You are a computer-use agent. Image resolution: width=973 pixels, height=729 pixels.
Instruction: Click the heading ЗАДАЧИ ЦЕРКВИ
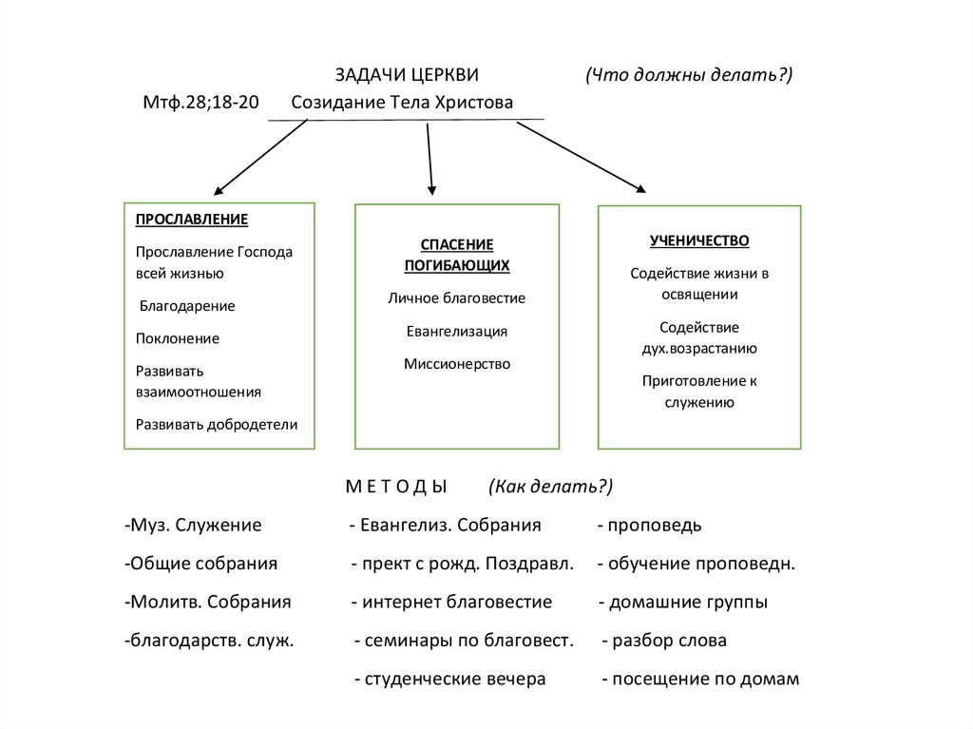tap(406, 75)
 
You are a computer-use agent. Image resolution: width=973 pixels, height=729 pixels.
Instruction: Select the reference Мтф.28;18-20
tap(200, 103)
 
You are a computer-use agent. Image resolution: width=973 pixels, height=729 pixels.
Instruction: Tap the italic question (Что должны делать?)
tap(689, 75)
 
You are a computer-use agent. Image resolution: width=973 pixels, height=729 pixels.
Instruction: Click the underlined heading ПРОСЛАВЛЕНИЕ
tap(192, 220)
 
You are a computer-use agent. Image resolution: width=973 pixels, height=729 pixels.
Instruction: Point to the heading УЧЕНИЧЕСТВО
tap(699, 240)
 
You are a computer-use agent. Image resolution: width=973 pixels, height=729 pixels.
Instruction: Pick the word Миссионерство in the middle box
tap(456, 363)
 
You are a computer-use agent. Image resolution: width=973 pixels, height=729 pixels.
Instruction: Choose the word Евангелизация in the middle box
tap(456, 331)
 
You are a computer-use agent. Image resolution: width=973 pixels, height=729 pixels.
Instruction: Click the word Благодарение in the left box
tap(187, 306)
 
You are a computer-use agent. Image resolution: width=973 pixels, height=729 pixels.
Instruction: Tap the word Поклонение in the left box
tap(178, 337)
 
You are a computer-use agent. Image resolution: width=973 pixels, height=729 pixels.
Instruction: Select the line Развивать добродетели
tap(217, 424)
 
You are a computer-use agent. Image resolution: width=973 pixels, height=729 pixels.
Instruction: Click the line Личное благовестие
tap(456, 297)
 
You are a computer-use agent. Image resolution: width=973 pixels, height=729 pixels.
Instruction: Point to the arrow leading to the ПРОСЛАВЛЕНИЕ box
tap(259, 158)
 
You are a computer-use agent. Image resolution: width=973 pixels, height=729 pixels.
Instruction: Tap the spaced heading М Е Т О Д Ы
tap(395, 487)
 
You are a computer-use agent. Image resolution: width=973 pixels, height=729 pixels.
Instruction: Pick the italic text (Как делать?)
tap(551, 487)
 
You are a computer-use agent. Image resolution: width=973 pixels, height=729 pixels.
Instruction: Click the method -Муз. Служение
tap(193, 525)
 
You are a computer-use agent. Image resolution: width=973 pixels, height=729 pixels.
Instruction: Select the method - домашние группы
tap(683, 602)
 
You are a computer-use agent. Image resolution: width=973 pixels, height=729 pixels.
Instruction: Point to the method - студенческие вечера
tap(449, 679)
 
